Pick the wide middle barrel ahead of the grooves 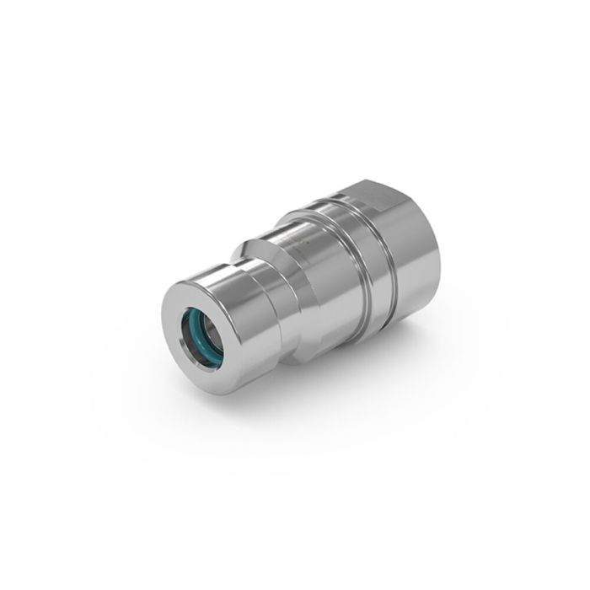click(312, 278)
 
